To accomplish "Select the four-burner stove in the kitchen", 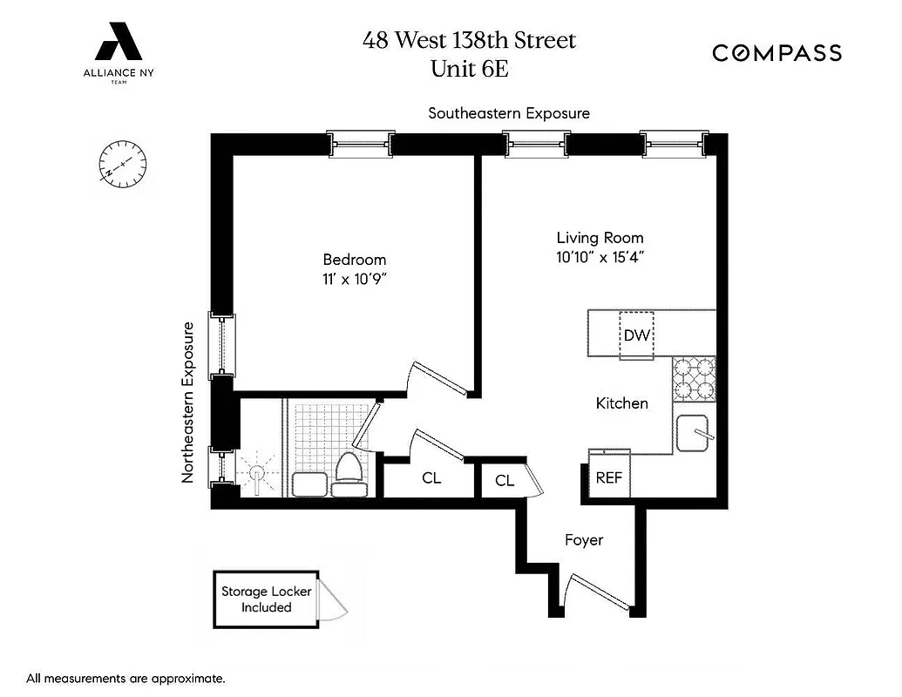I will click(x=694, y=378).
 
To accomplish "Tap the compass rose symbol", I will click(x=122, y=165).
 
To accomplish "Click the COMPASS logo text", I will click(x=777, y=53).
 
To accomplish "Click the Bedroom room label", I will click(x=354, y=260).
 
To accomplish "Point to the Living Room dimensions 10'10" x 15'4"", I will click(x=600, y=257).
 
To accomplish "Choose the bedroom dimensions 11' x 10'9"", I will click(x=354, y=279).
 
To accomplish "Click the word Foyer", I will click(x=584, y=540).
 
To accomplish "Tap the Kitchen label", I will click(x=621, y=403).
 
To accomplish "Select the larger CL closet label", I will click(x=431, y=478).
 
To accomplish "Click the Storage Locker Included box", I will click(x=266, y=599).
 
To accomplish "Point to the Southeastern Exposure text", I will click(x=509, y=113).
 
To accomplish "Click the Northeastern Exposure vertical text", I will click(x=187, y=403).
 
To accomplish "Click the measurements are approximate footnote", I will click(x=126, y=678).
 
